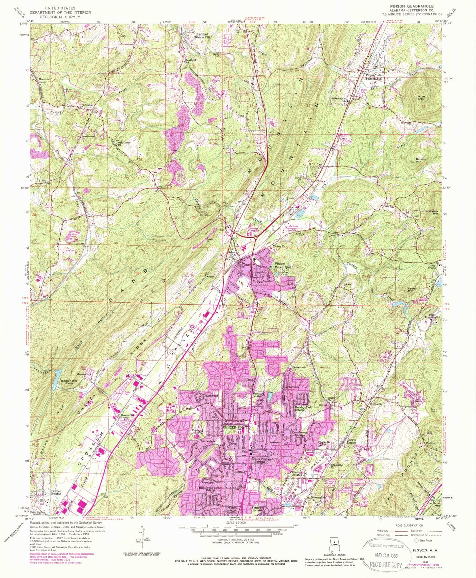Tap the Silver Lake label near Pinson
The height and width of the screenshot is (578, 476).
287,273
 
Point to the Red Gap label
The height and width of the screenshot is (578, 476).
431,443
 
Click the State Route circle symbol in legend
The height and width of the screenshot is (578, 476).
417,540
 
